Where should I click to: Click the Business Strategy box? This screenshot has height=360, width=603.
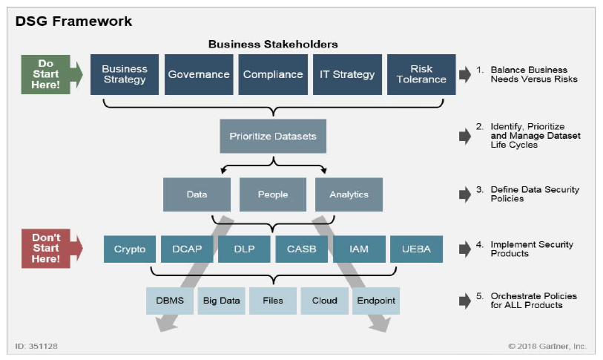(x=125, y=74)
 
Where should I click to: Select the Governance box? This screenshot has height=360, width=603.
(x=198, y=74)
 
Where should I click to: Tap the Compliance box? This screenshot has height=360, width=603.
(x=273, y=74)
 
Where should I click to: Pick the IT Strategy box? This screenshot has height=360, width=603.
(x=346, y=74)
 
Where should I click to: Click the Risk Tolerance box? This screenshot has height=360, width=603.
(x=421, y=74)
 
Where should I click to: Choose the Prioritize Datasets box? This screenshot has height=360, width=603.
(x=273, y=137)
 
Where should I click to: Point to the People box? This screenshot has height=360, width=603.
(x=273, y=194)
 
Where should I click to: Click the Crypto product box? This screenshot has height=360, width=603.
(x=130, y=249)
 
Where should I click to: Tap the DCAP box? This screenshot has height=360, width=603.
(x=187, y=249)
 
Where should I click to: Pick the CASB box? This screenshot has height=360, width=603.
(x=301, y=249)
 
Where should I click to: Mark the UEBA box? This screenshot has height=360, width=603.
(x=416, y=249)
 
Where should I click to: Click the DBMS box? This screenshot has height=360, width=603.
(x=170, y=301)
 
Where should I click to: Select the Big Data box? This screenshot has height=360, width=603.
(x=221, y=301)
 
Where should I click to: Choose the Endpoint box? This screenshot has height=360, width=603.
(x=376, y=301)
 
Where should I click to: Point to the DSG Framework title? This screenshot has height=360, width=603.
(x=73, y=21)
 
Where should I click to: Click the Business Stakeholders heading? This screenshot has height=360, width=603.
(x=272, y=44)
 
